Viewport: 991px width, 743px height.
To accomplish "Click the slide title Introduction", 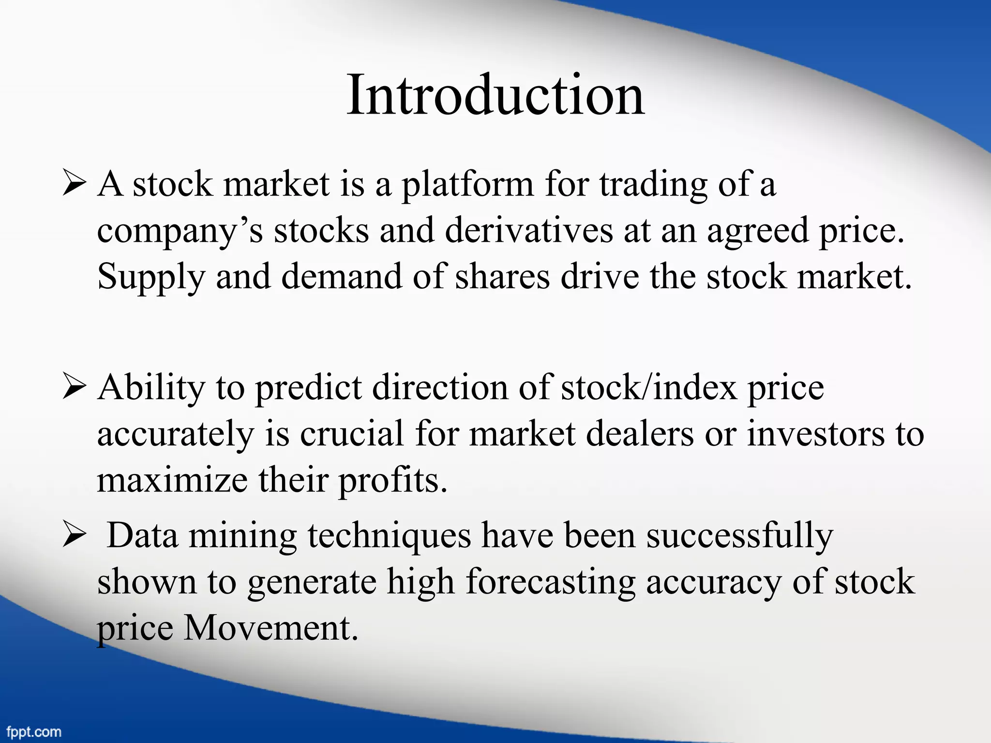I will tap(495, 95).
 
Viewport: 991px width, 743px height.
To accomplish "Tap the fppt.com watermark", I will tap(34, 731).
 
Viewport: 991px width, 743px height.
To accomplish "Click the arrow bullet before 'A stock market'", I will tap(74, 184).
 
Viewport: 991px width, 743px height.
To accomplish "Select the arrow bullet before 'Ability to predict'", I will tap(74, 387).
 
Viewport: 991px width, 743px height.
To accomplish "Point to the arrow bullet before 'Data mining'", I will tap(74, 535).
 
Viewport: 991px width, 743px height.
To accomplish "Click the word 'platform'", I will tap(467, 185).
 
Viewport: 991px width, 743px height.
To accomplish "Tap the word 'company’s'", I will tap(180, 231).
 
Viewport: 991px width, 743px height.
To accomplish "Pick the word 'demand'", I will tap(342, 277).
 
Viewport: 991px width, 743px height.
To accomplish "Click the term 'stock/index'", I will tap(649, 388).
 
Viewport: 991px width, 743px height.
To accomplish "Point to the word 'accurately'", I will tap(176, 434).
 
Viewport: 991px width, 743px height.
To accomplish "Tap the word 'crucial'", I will tap(351, 433).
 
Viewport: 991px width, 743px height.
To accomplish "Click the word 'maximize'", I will tap(172, 480).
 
